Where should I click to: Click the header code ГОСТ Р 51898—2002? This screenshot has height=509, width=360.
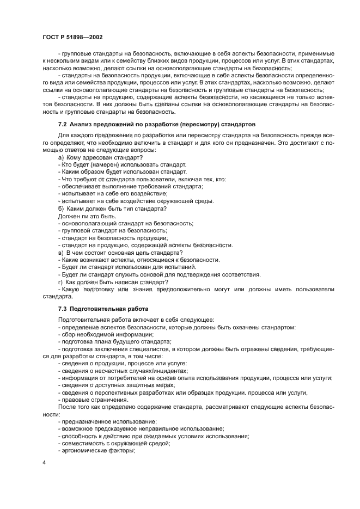point(72,37)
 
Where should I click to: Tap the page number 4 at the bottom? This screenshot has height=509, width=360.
point(45,462)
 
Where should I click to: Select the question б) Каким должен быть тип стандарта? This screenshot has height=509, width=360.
point(112,209)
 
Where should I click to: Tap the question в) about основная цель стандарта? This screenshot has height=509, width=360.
point(120,253)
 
